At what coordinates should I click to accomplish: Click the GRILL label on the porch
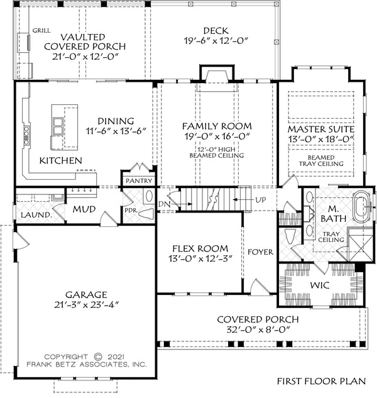[41, 30]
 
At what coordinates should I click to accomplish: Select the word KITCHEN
[61, 161]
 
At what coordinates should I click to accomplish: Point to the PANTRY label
[139, 181]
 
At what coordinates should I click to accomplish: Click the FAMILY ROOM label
[217, 126]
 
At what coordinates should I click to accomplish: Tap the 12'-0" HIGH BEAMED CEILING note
[217, 151]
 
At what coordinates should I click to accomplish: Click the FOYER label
[260, 252]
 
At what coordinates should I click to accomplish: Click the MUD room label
[83, 208]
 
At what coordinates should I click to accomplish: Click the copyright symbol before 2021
[97, 355]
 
